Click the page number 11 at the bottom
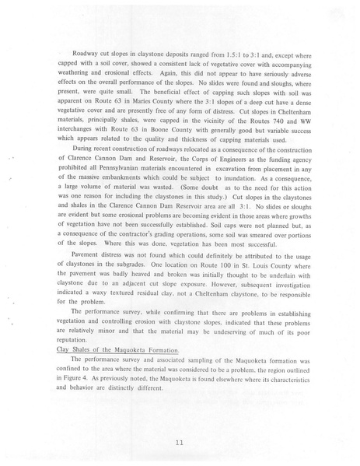tap(180, 443)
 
